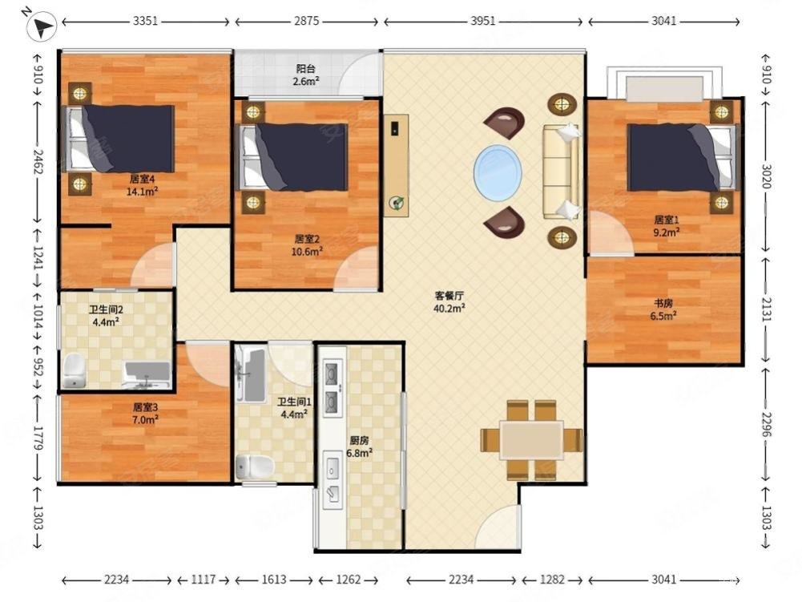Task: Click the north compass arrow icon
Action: click(x=42, y=26)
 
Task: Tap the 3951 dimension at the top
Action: click(x=483, y=21)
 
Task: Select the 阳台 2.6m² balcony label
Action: click(x=307, y=75)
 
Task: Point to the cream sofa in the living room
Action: click(x=561, y=172)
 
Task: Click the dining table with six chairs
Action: click(x=531, y=440)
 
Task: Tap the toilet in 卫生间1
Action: click(x=256, y=466)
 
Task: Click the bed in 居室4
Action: click(x=119, y=139)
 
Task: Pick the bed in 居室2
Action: click(x=292, y=156)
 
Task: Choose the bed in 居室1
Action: click(x=683, y=157)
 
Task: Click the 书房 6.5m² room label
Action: click(x=663, y=309)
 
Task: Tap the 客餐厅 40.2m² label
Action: click(x=449, y=301)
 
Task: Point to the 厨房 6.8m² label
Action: click(x=359, y=446)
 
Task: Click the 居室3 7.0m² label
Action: click(x=145, y=414)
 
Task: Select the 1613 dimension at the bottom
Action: click(x=274, y=580)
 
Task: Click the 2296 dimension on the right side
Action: click(x=766, y=424)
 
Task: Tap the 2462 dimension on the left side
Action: click(x=38, y=160)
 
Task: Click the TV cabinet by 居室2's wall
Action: click(x=397, y=165)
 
